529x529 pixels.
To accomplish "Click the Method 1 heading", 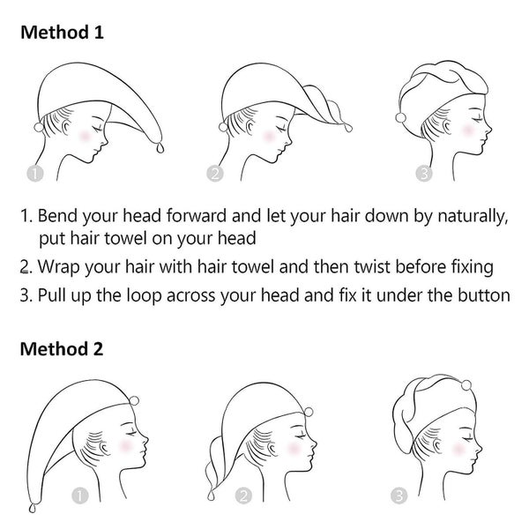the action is click(x=62, y=33).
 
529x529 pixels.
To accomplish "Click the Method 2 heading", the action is click(x=62, y=349).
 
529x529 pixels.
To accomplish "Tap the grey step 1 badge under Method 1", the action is click(x=35, y=174).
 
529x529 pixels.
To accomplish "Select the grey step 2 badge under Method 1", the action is click(x=215, y=174).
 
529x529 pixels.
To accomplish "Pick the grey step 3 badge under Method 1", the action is click(x=424, y=174).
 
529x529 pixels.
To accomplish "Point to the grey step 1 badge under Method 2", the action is click(x=80, y=495).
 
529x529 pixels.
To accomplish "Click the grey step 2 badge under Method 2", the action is click(x=243, y=495).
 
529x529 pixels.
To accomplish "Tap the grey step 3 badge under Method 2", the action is click(x=399, y=495).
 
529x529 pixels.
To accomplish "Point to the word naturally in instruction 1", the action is click(x=473, y=216).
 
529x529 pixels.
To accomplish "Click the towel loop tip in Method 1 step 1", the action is click(x=160, y=148).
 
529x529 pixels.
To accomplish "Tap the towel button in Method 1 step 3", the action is click(x=401, y=118).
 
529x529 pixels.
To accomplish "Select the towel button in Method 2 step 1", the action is click(x=134, y=400).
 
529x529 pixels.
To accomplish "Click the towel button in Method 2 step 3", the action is click(x=466, y=385).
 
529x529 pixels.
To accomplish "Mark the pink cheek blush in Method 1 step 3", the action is click(x=468, y=130).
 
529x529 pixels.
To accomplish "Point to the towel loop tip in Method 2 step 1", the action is click(x=33, y=508).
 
